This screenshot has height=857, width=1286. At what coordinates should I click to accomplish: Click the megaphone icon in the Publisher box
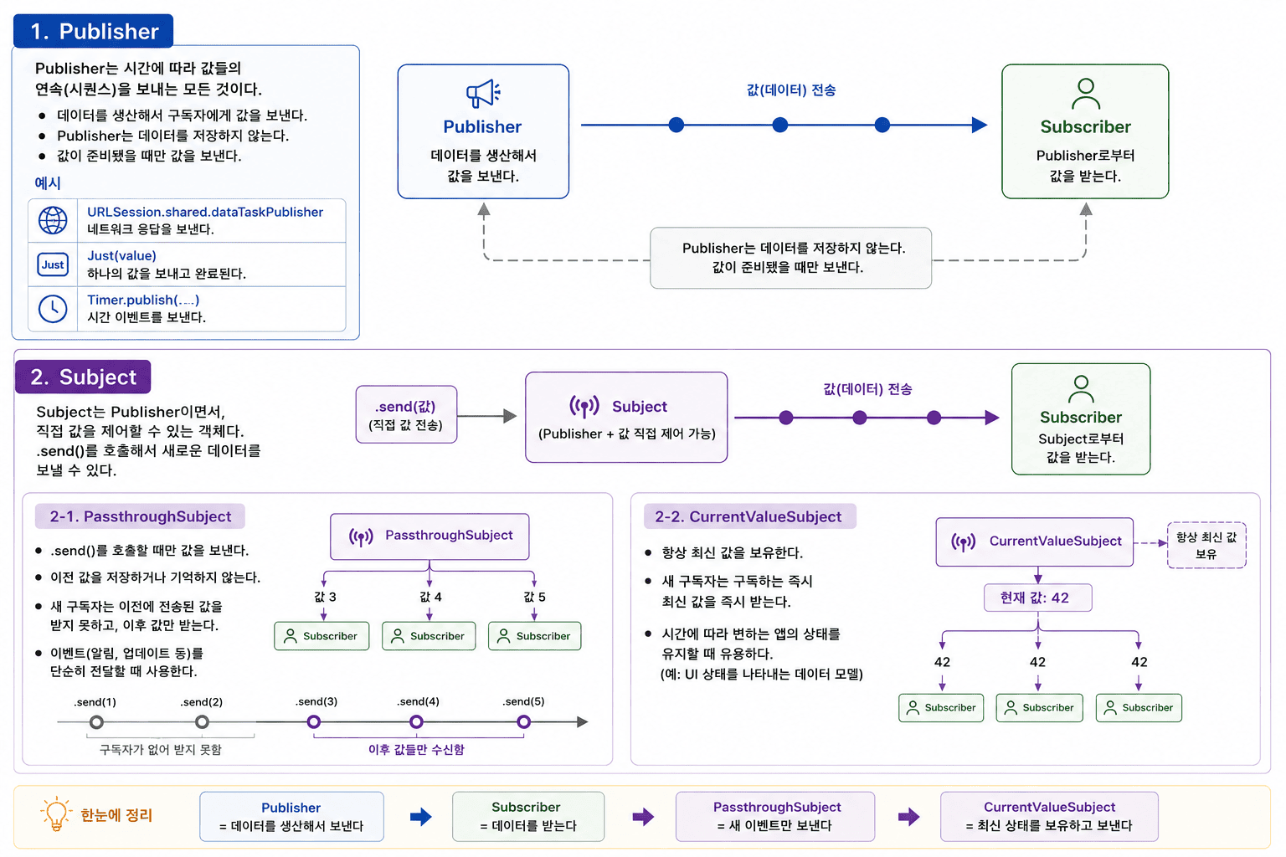click(x=483, y=94)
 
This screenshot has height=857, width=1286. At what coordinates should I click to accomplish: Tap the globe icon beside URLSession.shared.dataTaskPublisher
click(x=53, y=220)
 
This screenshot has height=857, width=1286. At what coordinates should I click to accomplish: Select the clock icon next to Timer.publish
click(x=53, y=309)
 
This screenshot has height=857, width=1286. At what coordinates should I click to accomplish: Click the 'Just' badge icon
click(x=53, y=264)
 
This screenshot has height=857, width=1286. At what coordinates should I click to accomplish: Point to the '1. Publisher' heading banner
click(x=93, y=31)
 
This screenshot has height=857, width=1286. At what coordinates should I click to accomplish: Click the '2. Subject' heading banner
click(x=83, y=377)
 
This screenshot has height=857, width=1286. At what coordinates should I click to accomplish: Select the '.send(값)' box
click(x=406, y=414)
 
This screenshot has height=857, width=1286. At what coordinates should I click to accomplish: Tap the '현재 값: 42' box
click(x=1038, y=598)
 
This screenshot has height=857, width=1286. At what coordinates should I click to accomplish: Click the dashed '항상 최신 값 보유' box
click(x=1206, y=546)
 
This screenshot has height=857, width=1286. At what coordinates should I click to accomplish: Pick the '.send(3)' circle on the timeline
click(x=313, y=721)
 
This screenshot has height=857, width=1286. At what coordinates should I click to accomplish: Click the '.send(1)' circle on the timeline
click(x=96, y=721)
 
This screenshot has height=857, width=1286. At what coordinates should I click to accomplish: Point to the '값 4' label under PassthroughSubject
click(x=430, y=597)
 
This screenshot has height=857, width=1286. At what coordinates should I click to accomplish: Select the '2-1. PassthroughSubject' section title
click(x=140, y=516)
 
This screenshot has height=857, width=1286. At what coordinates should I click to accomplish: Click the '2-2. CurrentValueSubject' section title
click(x=749, y=516)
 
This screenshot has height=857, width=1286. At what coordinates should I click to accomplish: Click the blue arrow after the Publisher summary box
click(x=421, y=817)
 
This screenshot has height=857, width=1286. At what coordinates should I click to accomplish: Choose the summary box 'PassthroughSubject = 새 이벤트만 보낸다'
click(x=775, y=817)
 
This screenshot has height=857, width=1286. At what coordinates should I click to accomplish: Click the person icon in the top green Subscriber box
click(x=1086, y=94)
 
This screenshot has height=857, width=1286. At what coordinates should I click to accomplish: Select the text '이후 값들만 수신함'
click(x=416, y=750)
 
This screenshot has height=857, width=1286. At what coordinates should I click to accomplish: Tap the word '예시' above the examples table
click(x=48, y=183)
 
